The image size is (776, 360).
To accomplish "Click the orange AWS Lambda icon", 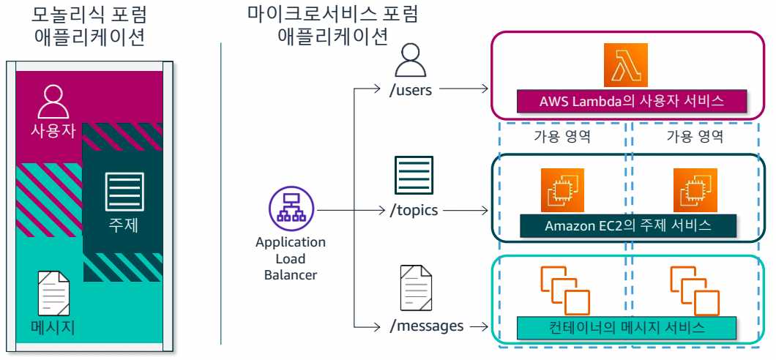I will tap(627, 64).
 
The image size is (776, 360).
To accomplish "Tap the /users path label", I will tap(413, 90).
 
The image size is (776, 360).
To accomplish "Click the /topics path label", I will tap(414, 210).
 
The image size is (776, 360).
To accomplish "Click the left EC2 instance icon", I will tap(562, 190).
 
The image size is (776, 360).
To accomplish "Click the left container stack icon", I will tap(564, 290).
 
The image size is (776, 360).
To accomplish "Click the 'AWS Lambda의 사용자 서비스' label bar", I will tap(631, 102).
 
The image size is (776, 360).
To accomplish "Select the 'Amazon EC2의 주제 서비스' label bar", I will tap(627, 225).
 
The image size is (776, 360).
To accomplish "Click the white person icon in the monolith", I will tap(53, 102).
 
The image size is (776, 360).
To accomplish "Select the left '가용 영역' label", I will tap(562, 136).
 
